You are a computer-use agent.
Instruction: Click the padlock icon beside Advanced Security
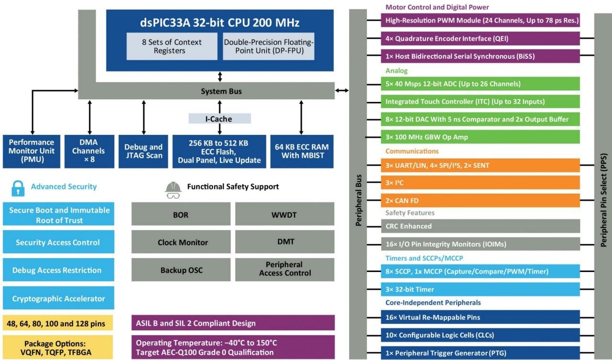point(18,187)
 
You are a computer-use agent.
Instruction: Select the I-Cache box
point(219,119)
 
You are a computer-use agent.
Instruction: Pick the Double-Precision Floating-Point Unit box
point(269,46)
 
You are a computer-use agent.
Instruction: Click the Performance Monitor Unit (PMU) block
point(32,151)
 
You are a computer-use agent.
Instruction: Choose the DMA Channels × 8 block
point(89,151)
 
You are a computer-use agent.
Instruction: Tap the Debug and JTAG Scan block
point(143,151)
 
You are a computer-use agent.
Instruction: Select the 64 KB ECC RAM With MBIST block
point(301,151)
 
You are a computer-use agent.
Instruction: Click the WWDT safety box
point(284,215)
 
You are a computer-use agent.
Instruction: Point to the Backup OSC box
point(181,270)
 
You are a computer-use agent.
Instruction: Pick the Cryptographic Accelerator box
point(58,298)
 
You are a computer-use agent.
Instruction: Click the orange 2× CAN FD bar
point(480,200)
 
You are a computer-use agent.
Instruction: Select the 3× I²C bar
point(480,183)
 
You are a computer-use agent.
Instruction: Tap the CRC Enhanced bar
point(480,226)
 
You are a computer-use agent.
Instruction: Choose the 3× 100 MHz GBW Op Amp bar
point(480,137)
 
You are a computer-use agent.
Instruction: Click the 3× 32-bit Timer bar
point(480,289)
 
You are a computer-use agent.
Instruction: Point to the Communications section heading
point(412,151)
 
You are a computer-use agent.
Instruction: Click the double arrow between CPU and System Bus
point(220,76)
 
